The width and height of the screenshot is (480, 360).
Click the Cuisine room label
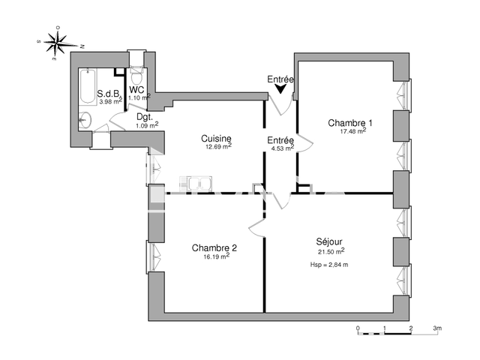[216, 139]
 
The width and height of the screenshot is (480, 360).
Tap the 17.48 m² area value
[353, 131]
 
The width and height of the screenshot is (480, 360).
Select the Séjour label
[329, 241]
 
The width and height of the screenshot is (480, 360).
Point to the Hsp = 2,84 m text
[329, 265]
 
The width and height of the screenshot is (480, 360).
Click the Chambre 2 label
[214, 247]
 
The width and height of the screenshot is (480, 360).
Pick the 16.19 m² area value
[217, 256]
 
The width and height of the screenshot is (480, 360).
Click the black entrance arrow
[280, 88]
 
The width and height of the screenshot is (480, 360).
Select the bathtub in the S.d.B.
[88, 87]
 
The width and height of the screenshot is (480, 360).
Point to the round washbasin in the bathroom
[85, 120]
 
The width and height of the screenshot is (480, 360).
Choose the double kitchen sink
[196, 184]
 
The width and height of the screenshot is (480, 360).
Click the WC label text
[136, 90]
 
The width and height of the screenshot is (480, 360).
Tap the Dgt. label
[145, 117]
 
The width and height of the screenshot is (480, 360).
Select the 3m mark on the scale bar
[437, 328]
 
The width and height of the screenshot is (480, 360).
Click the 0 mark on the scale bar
[358, 328]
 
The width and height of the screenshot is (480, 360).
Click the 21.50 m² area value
[331, 251]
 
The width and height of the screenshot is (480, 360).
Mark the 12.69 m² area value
[218, 146]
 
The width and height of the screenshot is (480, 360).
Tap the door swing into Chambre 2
[256, 228]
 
